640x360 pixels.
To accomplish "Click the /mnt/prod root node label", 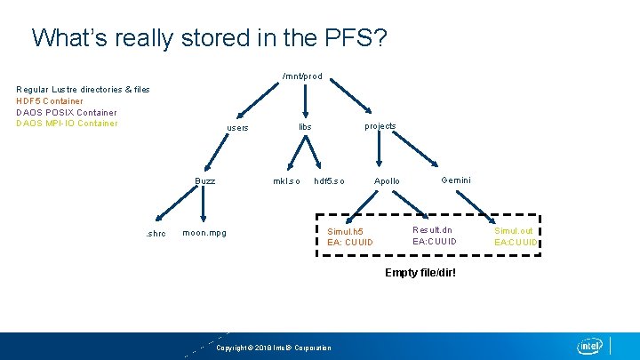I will click(301, 76).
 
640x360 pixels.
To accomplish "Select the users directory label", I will click(237, 129).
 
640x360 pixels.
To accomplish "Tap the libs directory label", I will click(305, 127).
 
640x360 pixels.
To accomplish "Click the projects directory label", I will click(380, 126).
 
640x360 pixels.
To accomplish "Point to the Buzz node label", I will click(205, 181).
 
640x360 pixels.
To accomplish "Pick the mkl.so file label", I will click(286, 181).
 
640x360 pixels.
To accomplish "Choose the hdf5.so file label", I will click(329, 181).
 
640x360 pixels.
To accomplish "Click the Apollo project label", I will click(387, 181).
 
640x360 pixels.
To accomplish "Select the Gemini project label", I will click(456, 180).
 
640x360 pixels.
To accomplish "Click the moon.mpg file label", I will click(204, 234).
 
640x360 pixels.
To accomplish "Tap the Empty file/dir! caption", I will click(420, 272).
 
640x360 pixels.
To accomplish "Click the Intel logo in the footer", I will click(590, 346).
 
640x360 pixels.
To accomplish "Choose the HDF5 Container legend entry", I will click(50, 101).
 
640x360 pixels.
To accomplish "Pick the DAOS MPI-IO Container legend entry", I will click(68, 124).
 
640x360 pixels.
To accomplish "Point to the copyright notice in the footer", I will click(274, 348).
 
